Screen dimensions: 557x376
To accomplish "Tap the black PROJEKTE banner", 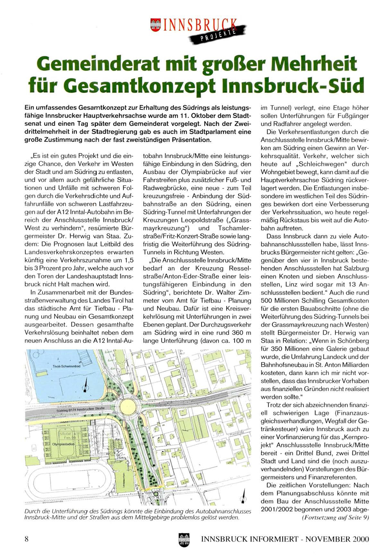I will pos(218,35).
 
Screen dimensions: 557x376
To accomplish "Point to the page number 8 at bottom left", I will pos(27,538).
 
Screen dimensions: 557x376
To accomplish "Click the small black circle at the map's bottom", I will pos(156,494).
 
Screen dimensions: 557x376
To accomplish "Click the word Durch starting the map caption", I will pos(32,511).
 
